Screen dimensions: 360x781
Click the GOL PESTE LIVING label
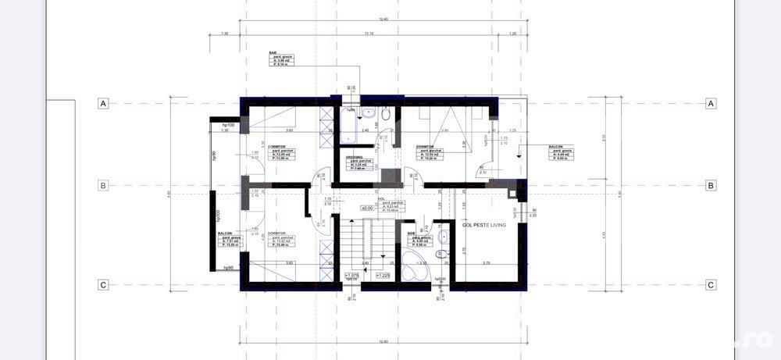(484, 225)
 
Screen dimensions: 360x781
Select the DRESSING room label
(355, 157)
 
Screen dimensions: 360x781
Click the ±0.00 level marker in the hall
(366, 209)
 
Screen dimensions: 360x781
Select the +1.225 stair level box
(383, 276)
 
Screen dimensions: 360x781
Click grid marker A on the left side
(102, 103)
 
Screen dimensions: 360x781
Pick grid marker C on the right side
(711, 285)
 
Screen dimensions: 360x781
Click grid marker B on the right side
(711, 186)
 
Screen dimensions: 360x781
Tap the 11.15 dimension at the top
(369, 33)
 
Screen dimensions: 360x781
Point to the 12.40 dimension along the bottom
(383, 341)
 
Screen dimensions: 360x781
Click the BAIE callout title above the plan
(273, 53)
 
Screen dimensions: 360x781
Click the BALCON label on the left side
(225, 233)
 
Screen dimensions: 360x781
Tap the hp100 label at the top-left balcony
(228, 125)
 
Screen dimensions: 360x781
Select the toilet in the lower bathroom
(442, 236)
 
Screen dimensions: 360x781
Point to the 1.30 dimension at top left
(225, 33)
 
